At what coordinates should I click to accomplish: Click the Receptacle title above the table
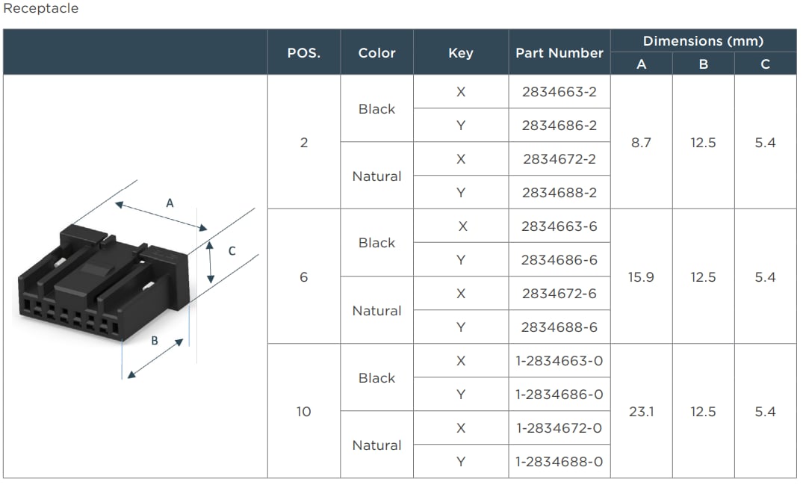coord(41,9)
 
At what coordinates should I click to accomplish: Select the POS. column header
coord(303,53)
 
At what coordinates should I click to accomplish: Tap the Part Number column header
coord(559,53)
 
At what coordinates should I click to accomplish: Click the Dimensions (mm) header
coord(703,41)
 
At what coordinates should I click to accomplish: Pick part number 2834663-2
coord(559,92)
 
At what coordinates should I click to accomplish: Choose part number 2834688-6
coord(559,327)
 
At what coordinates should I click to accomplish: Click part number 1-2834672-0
coord(559,428)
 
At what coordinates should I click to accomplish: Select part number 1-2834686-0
coord(559,395)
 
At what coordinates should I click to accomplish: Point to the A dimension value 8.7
coord(641,143)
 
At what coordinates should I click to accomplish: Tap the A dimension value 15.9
coord(641,277)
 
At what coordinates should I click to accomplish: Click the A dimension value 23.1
coord(641,412)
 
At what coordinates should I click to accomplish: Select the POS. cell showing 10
coord(303,412)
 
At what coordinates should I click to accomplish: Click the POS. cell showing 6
coord(303,277)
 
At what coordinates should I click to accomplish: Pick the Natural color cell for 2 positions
coord(376,176)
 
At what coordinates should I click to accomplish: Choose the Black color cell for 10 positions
coord(376,378)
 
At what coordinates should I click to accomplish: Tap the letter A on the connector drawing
coord(170,203)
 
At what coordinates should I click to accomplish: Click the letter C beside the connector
coord(232,251)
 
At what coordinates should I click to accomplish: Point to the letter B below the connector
coord(155,341)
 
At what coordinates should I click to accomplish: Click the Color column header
coord(376,53)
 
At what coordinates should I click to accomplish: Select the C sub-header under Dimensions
coord(765,64)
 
